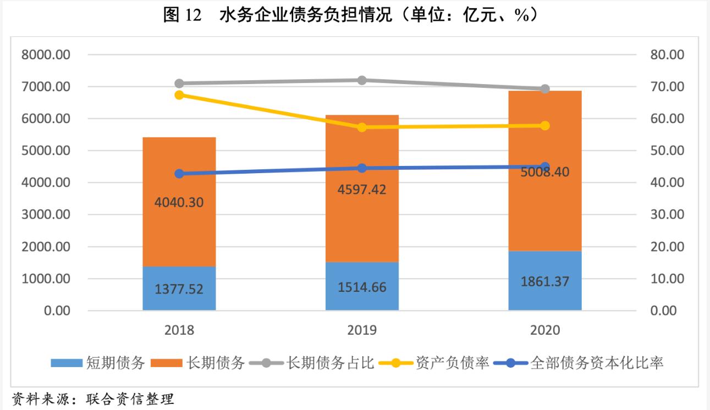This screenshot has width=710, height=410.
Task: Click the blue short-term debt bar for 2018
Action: [x=179, y=289]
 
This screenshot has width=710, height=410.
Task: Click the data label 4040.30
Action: [x=179, y=202]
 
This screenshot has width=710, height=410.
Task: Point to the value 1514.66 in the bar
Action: [x=362, y=287]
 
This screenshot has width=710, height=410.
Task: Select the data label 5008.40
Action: [x=544, y=172]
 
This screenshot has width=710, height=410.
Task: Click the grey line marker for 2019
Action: [x=362, y=80]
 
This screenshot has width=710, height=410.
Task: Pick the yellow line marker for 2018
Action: [x=179, y=95]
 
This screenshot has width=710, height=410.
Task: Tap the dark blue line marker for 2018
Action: [x=179, y=174]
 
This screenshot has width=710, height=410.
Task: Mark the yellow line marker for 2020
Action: [x=545, y=125]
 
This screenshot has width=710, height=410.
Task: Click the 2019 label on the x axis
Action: [x=362, y=330]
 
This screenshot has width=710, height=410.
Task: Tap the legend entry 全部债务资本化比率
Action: [x=597, y=363]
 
